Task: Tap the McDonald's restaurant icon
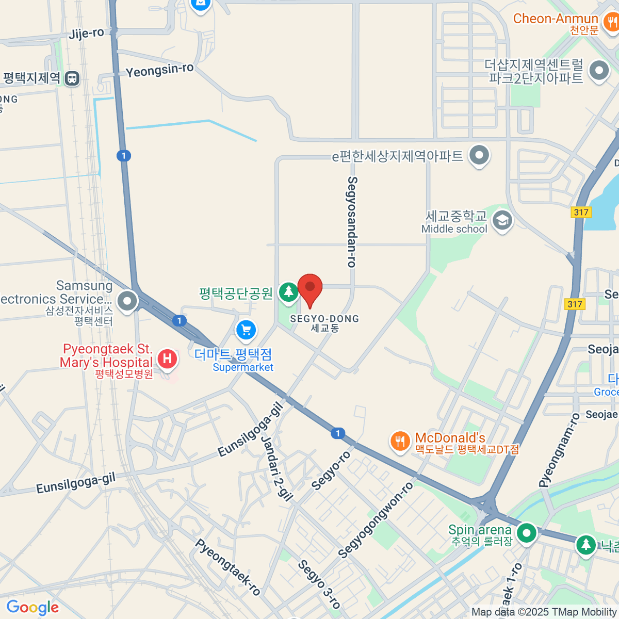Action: pos(400,442)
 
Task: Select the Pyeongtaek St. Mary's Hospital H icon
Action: pos(167,358)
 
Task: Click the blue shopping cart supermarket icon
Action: pos(246,330)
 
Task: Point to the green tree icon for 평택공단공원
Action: pos(288,292)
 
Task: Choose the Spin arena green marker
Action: pos(527,533)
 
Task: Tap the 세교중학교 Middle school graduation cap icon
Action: pos(502,221)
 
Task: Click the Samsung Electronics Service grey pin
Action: pos(127,300)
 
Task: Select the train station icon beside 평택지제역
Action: pos(73,78)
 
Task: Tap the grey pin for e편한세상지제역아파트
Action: pos(480,155)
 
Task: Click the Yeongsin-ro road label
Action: pos(159,70)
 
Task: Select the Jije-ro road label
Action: pos(86,34)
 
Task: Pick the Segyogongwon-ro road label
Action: pos(376,520)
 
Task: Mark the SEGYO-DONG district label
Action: pos(324,319)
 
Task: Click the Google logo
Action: pos(32,608)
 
